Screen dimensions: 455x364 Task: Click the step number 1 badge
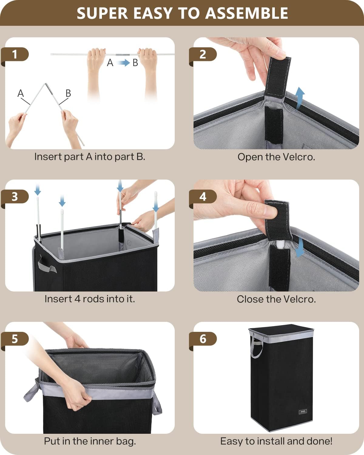coord(15,55)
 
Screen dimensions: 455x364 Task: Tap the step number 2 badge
coord(203,55)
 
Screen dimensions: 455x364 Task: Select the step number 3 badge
coord(15,197)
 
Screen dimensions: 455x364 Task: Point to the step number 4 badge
coord(203,197)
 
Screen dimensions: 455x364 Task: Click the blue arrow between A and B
coord(123,63)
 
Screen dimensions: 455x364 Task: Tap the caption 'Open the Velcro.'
coord(276,157)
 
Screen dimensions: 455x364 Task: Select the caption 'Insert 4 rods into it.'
coord(89,299)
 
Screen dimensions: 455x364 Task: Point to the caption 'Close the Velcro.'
coord(276,299)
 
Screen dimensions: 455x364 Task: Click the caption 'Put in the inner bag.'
coord(90,441)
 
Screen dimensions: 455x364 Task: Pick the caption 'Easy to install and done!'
coord(276,441)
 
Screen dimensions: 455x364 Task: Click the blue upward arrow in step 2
coord(300,97)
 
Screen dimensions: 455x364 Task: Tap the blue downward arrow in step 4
coord(300,247)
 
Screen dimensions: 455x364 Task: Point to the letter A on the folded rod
coord(21,93)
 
